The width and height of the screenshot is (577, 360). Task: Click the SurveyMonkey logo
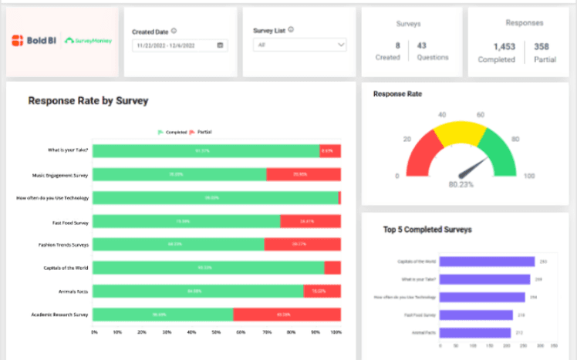tap(88, 40)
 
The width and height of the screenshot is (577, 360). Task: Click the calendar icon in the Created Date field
tap(221, 45)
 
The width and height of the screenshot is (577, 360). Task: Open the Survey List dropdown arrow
tap(341, 45)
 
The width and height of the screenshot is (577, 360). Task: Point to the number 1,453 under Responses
tap(494, 46)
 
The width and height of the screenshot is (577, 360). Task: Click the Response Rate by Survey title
tap(88, 100)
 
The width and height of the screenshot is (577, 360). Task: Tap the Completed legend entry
tap(174, 132)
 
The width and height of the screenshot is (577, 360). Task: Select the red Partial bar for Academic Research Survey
tap(286, 315)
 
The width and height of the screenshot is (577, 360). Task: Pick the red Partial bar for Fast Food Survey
tap(310, 221)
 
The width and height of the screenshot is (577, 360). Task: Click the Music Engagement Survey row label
tap(60, 175)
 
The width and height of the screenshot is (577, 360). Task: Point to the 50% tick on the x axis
tap(216, 332)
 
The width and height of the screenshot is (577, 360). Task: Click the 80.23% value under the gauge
tap(462, 185)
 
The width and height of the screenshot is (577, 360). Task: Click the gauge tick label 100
tap(529, 177)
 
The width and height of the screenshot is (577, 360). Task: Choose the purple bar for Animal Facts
tap(474, 333)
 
